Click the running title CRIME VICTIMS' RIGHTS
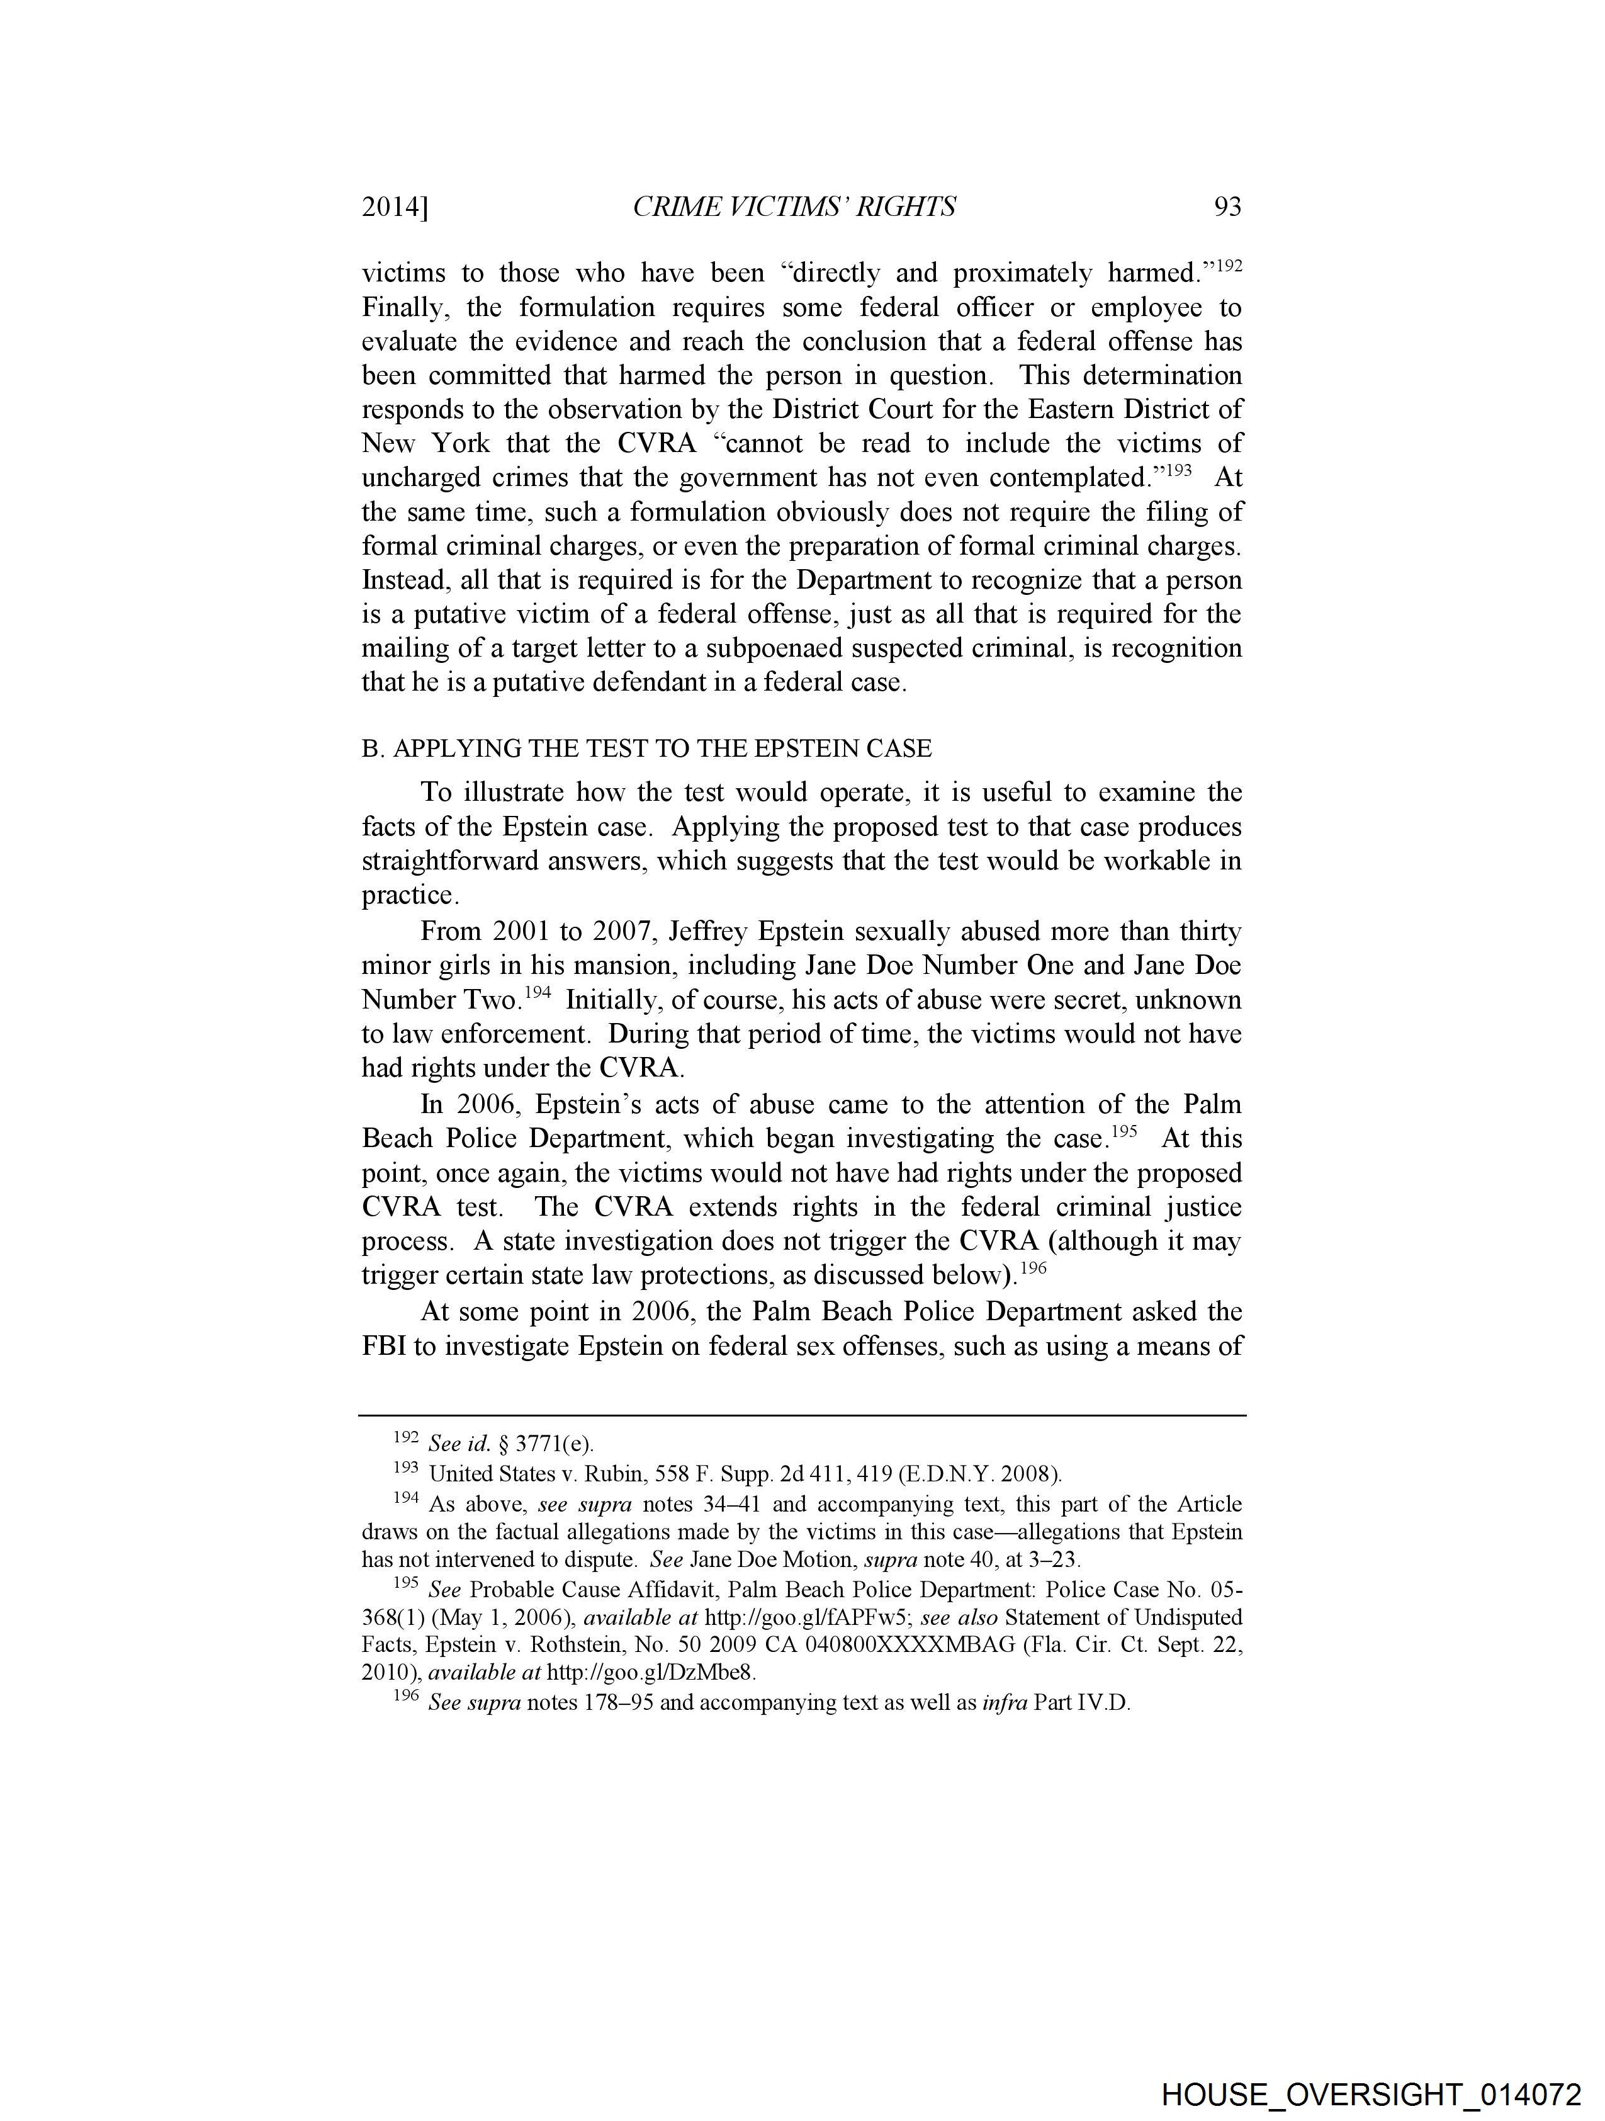click(x=794, y=207)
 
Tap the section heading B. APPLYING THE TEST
click(x=646, y=748)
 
